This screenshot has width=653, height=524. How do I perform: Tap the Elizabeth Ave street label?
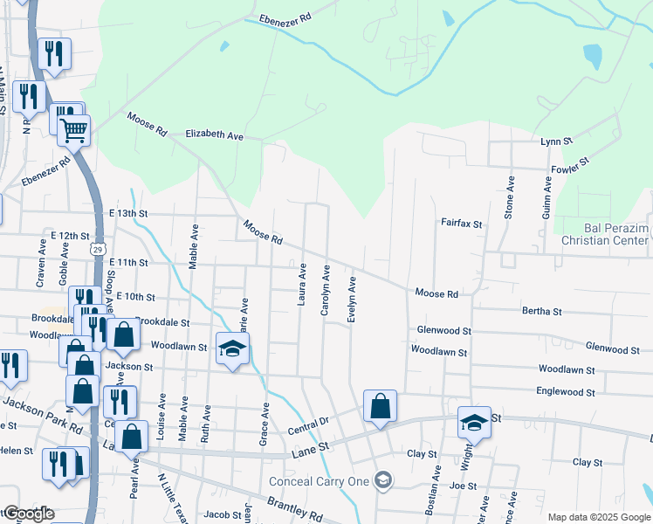tap(214, 135)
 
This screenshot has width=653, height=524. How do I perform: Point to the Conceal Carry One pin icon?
tap(381, 479)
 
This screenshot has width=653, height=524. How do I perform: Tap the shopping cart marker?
tap(74, 131)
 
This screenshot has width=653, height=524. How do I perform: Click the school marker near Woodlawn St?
tap(232, 348)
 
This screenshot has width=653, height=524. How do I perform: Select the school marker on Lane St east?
tap(474, 422)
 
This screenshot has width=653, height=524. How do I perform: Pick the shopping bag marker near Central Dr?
tap(380, 406)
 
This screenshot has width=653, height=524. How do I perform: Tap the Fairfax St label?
tap(461, 224)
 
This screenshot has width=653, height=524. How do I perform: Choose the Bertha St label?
tap(541, 311)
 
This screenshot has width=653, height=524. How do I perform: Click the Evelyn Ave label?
tap(352, 300)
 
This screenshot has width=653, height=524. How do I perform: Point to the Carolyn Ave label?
tap(325, 290)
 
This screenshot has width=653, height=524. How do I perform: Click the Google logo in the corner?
tap(27, 514)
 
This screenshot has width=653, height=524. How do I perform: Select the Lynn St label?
tap(556, 141)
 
